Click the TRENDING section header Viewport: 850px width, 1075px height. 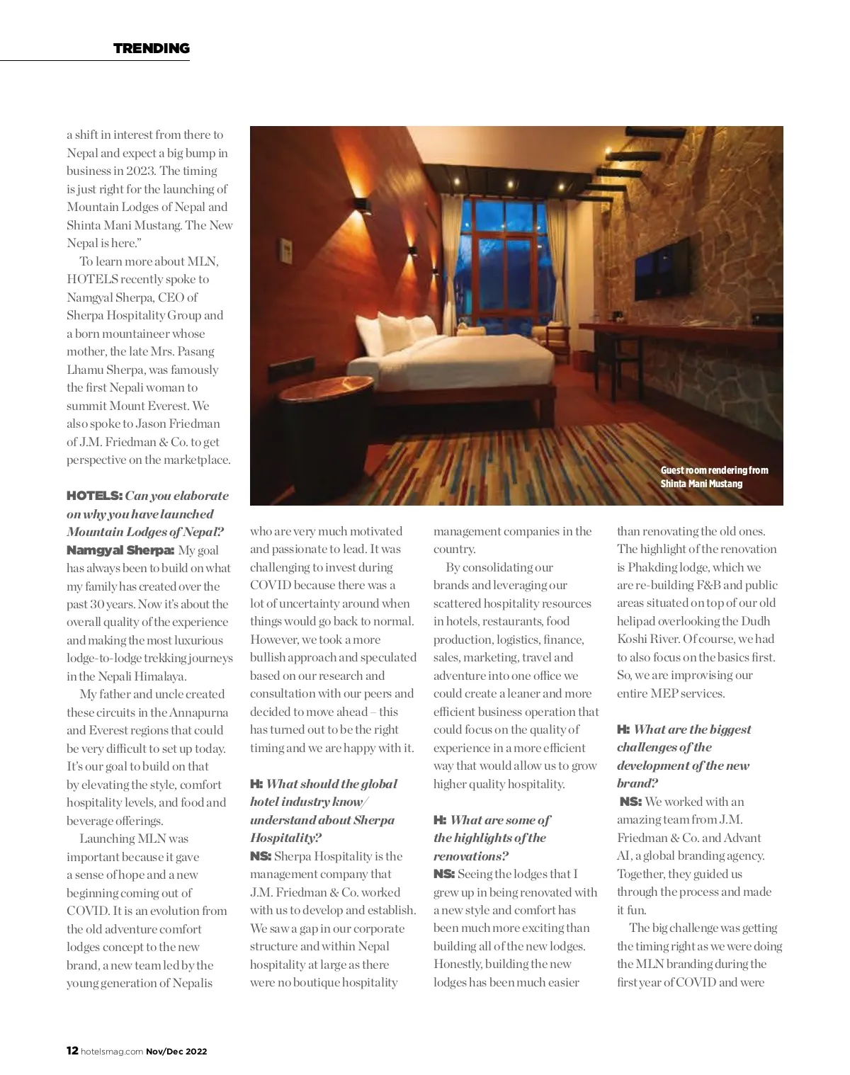click(x=152, y=48)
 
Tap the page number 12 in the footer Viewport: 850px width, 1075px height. click(x=72, y=1051)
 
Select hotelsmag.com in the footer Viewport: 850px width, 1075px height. click(x=113, y=1052)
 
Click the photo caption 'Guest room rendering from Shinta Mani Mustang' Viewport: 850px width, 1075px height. click(x=713, y=477)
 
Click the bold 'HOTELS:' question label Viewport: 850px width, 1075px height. click(x=95, y=496)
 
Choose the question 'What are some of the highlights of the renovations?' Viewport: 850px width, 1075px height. click(x=492, y=838)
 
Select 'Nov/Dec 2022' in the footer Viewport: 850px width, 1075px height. click(x=176, y=1052)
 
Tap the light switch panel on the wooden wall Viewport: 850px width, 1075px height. click(x=287, y=249)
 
